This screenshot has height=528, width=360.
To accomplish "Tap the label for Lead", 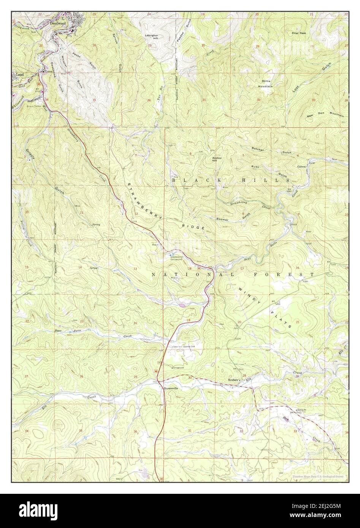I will pyautogui.click(x=20, y=75).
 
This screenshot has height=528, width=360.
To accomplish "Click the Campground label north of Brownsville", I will pyautogui.click(x=181, y=368).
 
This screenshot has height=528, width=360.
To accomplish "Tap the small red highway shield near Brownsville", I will pyautogui.click(x=156, y=371).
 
